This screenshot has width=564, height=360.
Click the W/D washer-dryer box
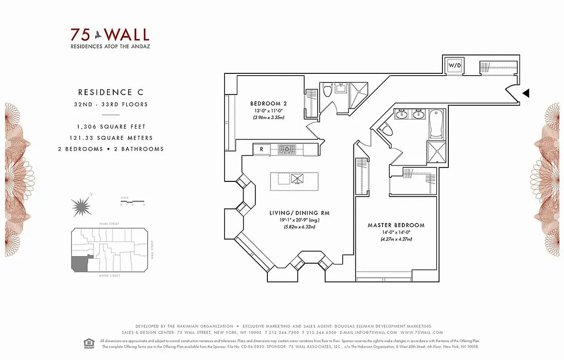[454, 66]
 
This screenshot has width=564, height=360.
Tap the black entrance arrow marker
[525, 93]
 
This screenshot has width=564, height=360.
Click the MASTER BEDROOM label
[396, 225]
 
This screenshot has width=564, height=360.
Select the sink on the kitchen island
[297, 178]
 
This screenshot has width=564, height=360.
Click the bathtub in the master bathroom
[436, 123]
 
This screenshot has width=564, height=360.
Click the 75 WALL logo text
[109, 35]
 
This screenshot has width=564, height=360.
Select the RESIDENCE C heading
[111, 92]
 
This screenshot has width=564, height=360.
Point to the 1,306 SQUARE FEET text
[111, 127]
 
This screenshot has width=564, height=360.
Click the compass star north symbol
[81, 207]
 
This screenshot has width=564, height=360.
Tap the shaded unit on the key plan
[79, 264]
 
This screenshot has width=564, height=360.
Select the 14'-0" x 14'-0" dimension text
[396, 232]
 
